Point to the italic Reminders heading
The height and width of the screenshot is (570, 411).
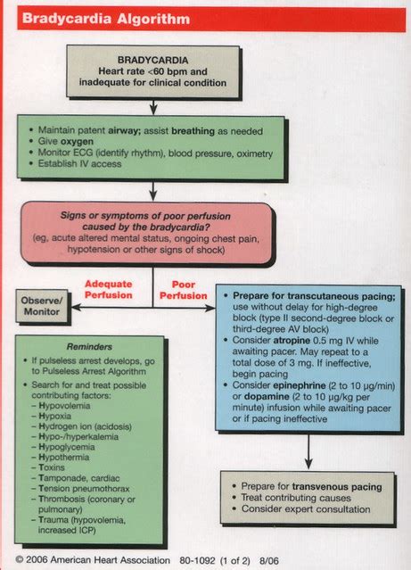click(x=90, y=347)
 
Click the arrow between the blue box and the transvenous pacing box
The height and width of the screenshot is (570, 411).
click(x=308, y=450)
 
